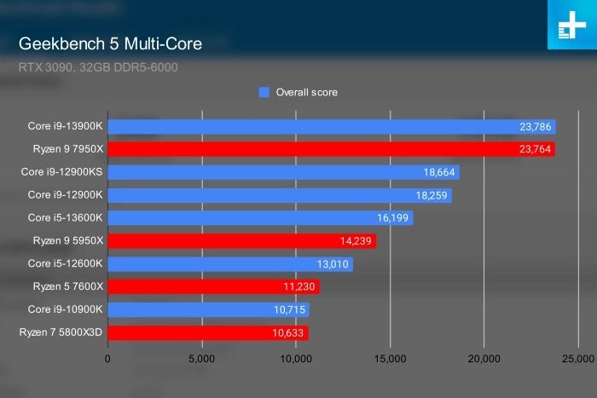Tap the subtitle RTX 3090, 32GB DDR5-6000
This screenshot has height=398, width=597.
[97, 66]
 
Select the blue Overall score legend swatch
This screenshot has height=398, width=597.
[264, 92]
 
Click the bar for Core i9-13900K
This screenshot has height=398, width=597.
[331, 127]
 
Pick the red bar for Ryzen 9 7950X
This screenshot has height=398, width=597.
[331, 150]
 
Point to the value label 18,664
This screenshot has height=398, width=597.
[439, 172]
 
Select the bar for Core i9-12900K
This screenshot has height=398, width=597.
[279, 195]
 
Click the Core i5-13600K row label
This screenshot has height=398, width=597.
[65, 218]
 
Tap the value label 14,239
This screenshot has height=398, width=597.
[356, 241]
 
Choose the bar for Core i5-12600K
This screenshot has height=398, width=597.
[230, 264]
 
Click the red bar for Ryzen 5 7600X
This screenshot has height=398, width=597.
[213, 287]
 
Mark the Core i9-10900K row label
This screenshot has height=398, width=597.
[65, 309]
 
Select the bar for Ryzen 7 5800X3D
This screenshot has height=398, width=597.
[207, 332]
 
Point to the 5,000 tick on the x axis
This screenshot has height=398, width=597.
[201, 359]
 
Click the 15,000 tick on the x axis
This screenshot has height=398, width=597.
[390, 359]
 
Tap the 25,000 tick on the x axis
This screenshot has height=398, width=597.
[577, 359]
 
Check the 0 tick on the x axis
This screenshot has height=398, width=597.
[107, 359]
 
